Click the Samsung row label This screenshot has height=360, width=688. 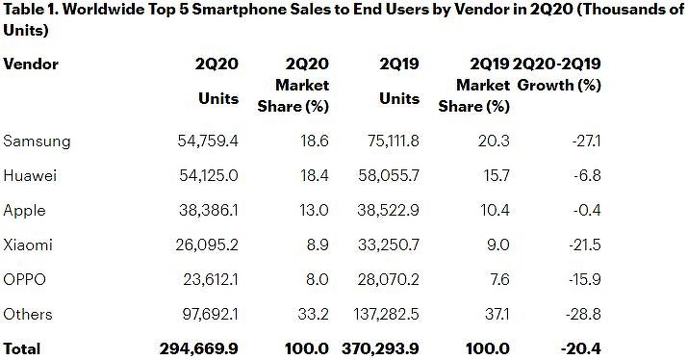(x=37, y=141)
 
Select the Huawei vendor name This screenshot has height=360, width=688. (x=32, y=176)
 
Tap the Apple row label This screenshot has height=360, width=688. (x=25, y=211)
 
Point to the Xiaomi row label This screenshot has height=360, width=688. (x=29, y=245)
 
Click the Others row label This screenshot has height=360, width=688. (x=29, y=315)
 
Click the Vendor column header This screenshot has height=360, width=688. (x=31, y=64)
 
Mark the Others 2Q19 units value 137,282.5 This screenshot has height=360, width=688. (x=384, y=315)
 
